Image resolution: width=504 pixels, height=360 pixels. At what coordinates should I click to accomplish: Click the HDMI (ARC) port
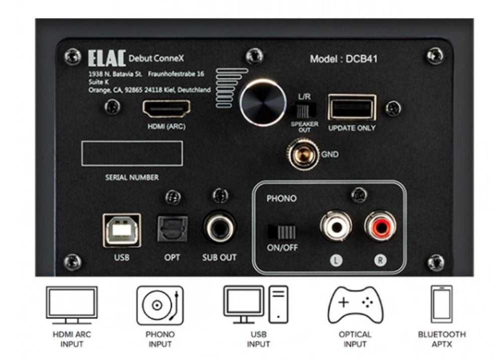pos(166,109)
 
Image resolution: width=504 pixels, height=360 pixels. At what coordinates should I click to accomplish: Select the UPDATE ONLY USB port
pos(352,107)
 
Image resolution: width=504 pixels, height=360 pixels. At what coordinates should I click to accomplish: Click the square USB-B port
pos(122,230)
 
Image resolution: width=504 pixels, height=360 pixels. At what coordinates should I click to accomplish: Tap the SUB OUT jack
pos(219,228)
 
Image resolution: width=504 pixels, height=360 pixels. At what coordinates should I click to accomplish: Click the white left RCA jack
pos(335,226)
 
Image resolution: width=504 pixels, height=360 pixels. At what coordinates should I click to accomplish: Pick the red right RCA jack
pos(380,226)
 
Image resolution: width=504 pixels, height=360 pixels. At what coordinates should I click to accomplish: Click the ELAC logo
pos(107,58)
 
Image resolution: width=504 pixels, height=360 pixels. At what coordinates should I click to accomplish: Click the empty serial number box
pos(132,153)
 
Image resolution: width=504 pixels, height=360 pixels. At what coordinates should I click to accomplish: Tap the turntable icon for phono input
pos(160,305)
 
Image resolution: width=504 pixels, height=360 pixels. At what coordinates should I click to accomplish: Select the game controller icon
pos(356,304)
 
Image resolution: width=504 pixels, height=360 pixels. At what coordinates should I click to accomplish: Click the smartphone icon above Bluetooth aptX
pos(441,304)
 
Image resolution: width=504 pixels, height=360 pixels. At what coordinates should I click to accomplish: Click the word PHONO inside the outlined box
pos(281,199)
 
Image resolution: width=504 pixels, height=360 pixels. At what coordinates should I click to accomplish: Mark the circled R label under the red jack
pos(380,260)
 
